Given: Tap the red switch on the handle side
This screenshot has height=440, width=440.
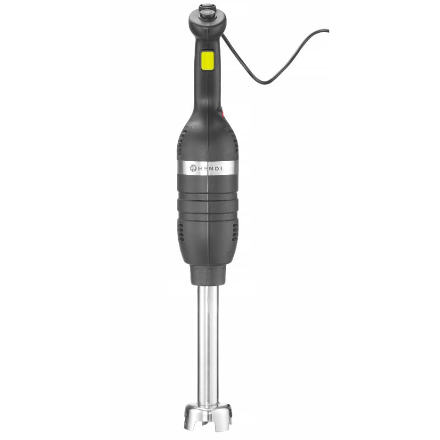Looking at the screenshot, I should [223, 115].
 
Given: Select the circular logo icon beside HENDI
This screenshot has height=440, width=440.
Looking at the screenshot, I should [193, 168].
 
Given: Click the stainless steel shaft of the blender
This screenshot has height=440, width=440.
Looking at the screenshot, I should [208, 341].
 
